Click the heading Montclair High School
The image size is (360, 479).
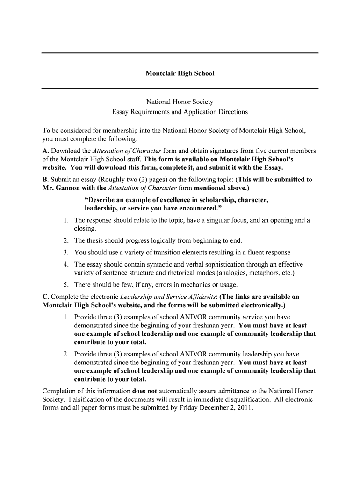click(180, 73)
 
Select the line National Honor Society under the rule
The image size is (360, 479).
click(180, 102)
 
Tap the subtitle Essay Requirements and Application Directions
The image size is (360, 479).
click(180, 112)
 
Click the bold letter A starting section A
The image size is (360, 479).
click(45, 151)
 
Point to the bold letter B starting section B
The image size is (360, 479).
click(44, 179)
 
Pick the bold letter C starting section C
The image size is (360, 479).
click(45, 297)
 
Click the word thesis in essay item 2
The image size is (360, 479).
click(94, 241)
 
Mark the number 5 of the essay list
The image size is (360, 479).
click(66, 285)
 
